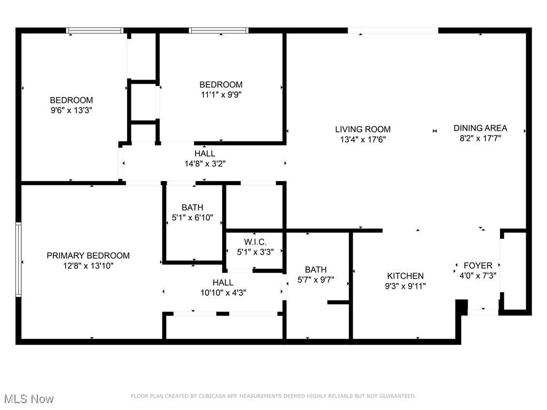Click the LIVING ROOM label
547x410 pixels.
363,129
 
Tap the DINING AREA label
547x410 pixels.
480,128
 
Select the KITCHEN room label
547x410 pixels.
405,276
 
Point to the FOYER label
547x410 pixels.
478,265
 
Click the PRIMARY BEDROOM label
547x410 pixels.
88,256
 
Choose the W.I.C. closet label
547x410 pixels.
255,242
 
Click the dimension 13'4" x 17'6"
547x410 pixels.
363,139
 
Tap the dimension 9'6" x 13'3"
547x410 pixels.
72,110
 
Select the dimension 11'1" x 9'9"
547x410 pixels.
221,94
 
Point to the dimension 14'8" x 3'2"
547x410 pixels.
205,164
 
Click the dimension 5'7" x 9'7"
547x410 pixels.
316,279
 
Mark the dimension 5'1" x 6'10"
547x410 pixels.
192,217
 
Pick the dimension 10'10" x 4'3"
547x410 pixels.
223,293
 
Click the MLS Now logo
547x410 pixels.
29,399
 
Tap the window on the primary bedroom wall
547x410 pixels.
18,259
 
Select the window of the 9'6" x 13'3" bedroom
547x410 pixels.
95,30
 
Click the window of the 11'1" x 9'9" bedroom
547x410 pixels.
219,30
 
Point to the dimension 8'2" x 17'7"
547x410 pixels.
480,138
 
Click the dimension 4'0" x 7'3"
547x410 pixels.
478,275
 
